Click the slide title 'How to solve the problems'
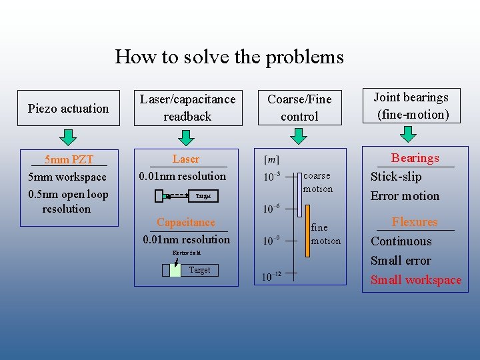[229, 57]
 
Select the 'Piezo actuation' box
[69, 108]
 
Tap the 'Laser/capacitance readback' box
[187, 107]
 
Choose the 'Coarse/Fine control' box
[299, 107]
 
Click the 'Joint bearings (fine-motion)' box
[413, 106]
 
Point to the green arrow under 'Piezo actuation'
[68, 138]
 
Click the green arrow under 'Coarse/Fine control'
[299, 137]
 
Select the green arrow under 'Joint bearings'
[413, 135]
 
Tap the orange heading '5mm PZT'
[69, 160]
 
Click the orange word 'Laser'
[185, 159]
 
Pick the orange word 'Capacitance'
[185, 222]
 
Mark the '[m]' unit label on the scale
[272, 159]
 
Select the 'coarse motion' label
[317, 183]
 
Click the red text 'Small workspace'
[416, 280]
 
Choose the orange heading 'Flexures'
[415, 222]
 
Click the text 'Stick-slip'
[396, 177]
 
